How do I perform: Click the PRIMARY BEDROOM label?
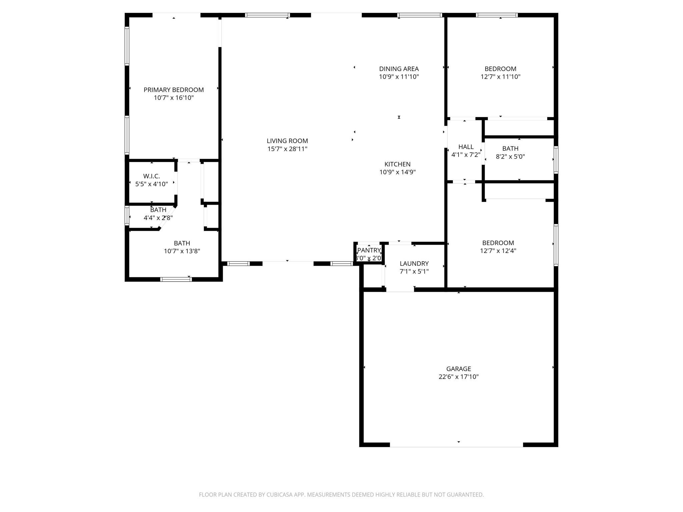(x=173, y=90)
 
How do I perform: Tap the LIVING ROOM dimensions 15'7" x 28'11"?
(x=287, y=149)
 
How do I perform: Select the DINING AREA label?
(x=399, y=69)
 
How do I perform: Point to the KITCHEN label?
(x=397, y=164)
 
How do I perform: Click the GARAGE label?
(x=459, y=369)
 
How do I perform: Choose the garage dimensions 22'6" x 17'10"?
(x=459, y=377)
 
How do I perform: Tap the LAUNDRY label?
(x=414, y=263)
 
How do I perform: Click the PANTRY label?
(x=369, y=250)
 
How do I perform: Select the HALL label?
(x=466, y=147)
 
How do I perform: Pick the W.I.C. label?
(x=151, y=176)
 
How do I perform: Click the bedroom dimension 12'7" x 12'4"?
(x=498, y=251)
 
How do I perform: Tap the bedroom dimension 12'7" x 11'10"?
(x=500, y=77)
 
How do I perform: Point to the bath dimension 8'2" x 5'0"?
(x=510, y=156)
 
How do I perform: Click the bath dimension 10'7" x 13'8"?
(x=182, y=251)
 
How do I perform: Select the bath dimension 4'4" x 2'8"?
(x=158, y=218)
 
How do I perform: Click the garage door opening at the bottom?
(x=456, y=445)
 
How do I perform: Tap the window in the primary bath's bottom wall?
(x=176, y=279)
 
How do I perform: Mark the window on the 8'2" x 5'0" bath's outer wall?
(x=556, y=160)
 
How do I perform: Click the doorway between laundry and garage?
(x=400, y=290)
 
